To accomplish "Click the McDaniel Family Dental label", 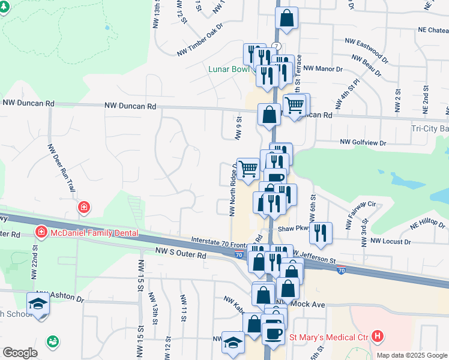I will pos(94,233).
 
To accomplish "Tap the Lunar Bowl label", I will pos(228,69).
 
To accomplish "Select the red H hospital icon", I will pos(378,337).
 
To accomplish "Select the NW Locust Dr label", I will pos(390,241).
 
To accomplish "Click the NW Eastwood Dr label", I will pos(366,47).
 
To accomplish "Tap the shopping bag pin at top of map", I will pos(287,18).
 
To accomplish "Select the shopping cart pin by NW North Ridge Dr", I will pos(248,168).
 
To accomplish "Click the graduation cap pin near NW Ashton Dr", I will pos(38,304).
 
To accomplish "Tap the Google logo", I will pos(20,353).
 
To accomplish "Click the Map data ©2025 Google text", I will pos(412,355).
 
